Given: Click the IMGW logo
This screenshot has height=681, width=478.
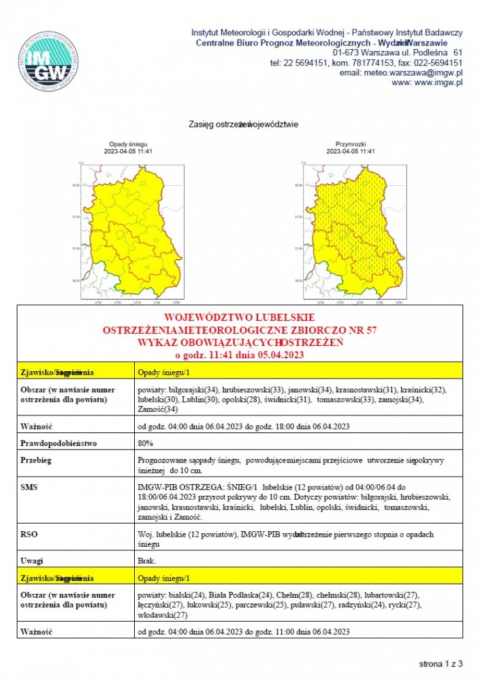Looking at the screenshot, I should click(48, 61).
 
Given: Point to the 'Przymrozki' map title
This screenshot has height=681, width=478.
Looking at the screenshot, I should click(351, 144).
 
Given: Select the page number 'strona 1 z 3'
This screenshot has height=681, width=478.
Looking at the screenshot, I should click(440, 662).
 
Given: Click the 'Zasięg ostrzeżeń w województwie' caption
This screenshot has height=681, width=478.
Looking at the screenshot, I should click(243, 125).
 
